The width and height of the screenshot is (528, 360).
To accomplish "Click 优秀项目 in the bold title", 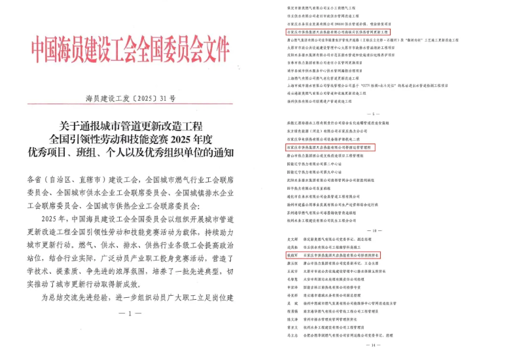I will click(59, 154).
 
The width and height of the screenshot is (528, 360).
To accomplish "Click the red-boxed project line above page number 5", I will click(338, 31).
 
